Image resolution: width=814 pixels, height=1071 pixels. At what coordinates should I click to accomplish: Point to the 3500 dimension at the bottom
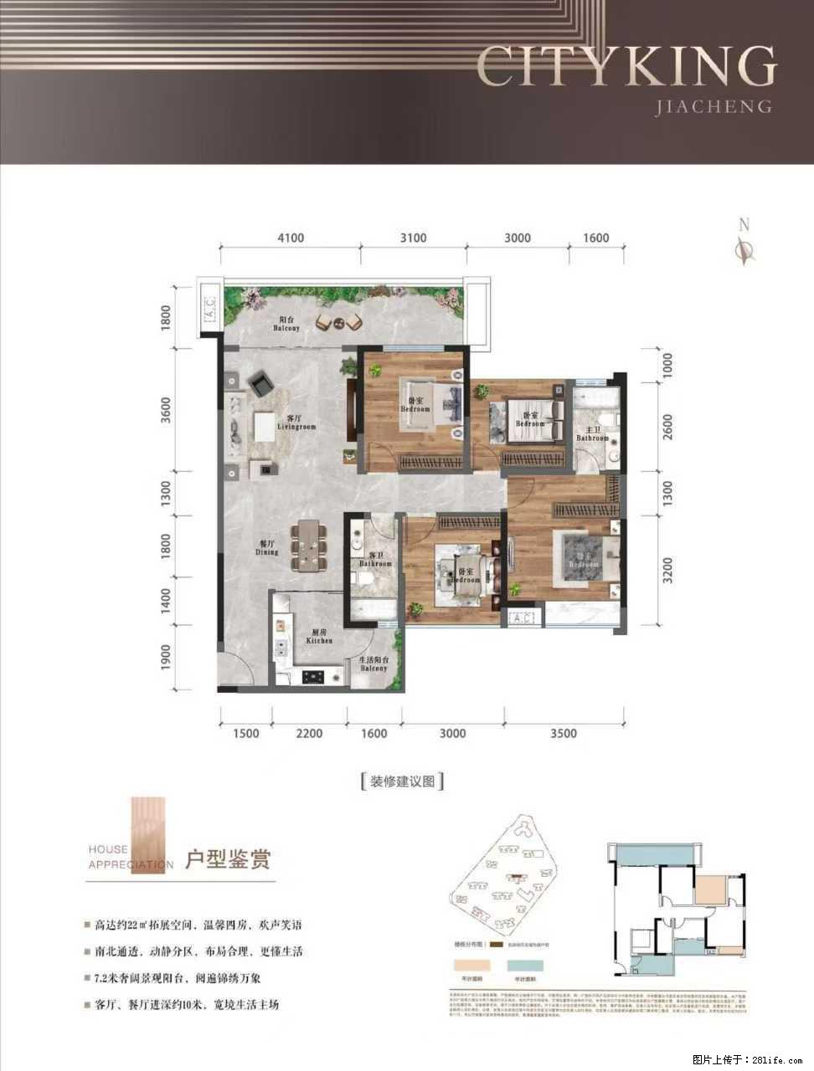564,734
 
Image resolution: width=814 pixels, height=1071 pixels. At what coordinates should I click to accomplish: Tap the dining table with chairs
310,545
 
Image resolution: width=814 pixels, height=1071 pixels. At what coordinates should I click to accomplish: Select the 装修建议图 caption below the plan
401,781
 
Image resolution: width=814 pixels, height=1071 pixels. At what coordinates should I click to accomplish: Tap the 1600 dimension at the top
595,238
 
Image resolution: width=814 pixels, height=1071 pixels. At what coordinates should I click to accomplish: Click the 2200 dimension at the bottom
309,734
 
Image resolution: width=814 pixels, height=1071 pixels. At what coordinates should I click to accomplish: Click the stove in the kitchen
315,675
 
